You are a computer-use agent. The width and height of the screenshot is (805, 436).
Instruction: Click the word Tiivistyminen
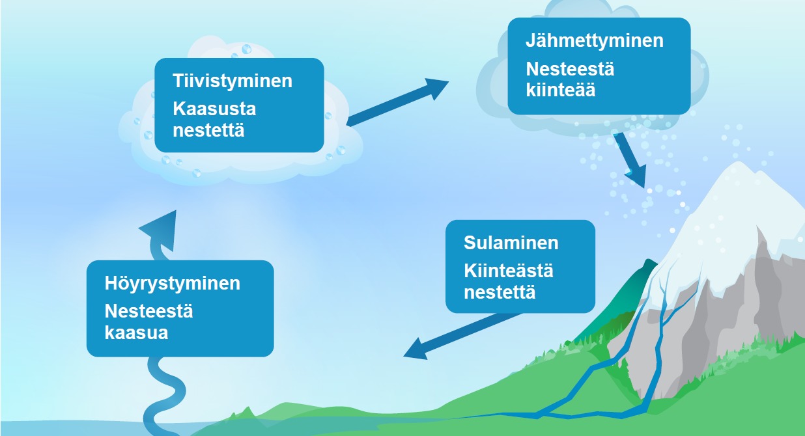point(233,81)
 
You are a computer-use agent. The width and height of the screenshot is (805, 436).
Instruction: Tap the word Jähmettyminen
point(595,40)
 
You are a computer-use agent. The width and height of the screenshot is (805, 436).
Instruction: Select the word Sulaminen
point(511,243)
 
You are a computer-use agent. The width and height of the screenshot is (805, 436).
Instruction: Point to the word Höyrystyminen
point(173,284)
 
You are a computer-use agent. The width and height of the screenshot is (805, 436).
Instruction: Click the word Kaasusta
point(214,109)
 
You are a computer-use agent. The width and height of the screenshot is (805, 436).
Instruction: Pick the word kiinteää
point(561,90)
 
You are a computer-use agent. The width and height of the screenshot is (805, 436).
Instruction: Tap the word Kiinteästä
point(509,271)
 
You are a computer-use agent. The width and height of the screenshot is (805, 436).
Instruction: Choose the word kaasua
point(136,333)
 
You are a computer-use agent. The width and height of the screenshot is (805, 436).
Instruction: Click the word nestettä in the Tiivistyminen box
point(208,130)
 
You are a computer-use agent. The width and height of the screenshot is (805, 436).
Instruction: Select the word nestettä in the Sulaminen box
point(500,292)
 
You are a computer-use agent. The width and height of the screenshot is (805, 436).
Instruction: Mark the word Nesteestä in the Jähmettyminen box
point(570,69)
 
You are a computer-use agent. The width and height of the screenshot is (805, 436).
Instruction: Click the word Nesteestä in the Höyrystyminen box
point(148,311)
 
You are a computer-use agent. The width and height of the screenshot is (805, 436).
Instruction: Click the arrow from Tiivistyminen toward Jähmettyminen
point(398,102)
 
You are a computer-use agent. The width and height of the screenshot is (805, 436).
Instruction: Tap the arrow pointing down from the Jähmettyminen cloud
point(630,160)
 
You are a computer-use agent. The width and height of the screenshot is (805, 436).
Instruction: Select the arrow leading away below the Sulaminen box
point(462,336)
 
